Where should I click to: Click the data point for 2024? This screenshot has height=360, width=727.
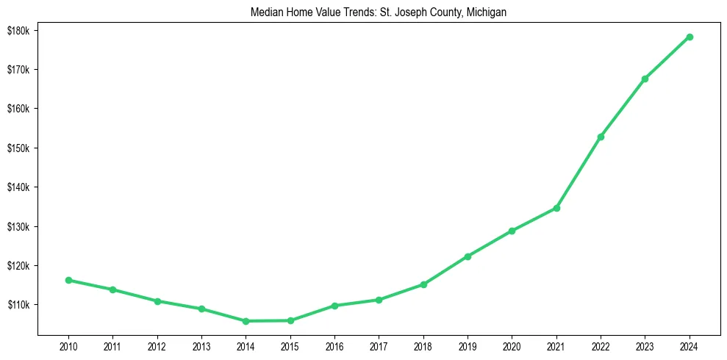690,37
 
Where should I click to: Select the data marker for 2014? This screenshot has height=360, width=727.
246,321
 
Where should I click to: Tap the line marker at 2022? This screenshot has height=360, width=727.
601,137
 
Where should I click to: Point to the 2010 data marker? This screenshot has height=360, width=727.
68,280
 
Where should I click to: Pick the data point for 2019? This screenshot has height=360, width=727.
468,256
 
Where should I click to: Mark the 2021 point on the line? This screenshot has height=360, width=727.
556,208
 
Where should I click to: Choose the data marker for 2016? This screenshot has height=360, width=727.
334,306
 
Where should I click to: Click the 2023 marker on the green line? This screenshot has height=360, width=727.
645,79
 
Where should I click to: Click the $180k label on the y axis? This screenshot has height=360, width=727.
18,30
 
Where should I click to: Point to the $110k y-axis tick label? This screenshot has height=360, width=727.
18,305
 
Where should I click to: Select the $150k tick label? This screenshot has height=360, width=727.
18,148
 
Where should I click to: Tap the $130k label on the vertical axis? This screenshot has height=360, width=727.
18,226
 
